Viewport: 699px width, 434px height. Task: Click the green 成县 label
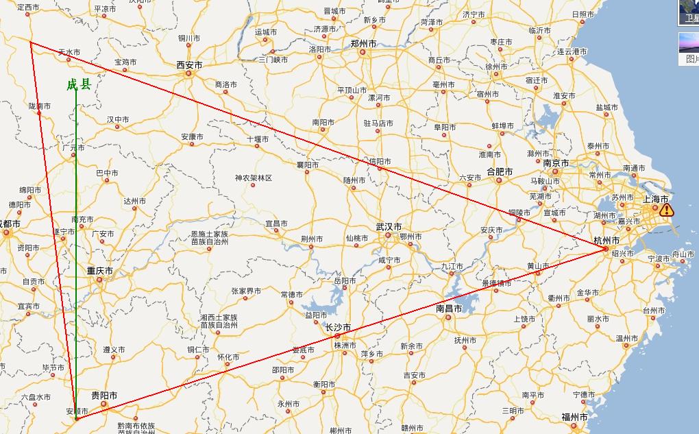[78, 85]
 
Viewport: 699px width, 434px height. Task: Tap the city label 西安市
[189, 64]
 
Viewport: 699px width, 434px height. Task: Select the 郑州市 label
[363, 43]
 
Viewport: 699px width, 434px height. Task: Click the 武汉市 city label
[389, 227]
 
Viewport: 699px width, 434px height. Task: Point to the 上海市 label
[655, 199]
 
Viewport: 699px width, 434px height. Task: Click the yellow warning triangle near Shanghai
[667, 210]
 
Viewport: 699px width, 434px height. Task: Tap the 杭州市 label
[606, 241]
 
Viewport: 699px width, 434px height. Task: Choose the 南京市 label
[555, 163]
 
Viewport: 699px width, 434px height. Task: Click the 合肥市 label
[500, 171]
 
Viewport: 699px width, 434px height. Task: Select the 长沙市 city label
[337, 327]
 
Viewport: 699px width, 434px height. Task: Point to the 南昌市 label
[450, 309]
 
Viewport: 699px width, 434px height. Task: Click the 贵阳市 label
[104, 396]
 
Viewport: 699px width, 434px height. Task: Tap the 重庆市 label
[99, 271]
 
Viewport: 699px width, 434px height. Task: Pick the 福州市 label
[574, 417]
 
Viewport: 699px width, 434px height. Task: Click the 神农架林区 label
[254, 178]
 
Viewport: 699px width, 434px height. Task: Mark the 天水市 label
[69, 52]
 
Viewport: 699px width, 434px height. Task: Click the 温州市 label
[627, 339]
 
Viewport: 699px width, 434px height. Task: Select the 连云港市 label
[572, 51]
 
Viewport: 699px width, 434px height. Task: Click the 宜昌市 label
[276, 224]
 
